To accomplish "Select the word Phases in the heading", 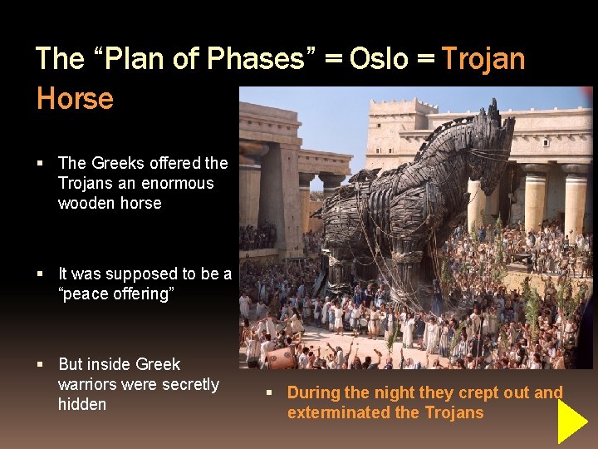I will (x=260, y=58).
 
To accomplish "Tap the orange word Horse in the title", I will (x=75, y=98).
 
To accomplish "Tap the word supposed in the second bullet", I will (x=146, y=274).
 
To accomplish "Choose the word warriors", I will (x=88, y=384).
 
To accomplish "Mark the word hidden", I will (x=81, y=404).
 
